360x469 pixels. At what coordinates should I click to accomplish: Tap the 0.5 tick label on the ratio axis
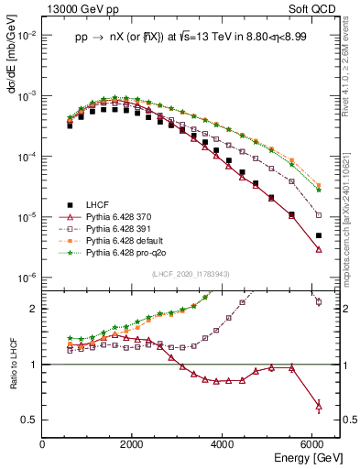[x=30, y=420]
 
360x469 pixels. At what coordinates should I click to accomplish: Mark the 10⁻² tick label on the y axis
[x=27, y=35]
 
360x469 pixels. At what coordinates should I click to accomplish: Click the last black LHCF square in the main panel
[x=319, y=235]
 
